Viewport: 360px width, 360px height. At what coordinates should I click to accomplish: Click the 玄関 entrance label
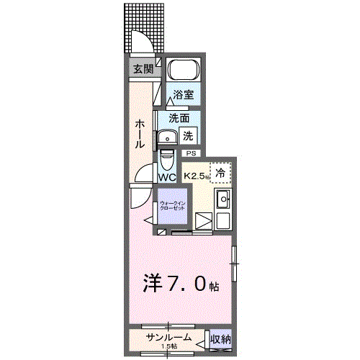[x=143, y=69]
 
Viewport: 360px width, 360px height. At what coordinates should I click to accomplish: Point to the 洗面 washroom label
[x=179, y=118]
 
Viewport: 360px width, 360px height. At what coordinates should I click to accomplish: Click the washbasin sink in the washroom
[x=171, y=137]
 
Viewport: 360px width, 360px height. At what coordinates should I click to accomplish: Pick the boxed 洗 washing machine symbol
[x=187, y=135]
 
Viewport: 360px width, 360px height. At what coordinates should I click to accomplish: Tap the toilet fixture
[x=166, y=158]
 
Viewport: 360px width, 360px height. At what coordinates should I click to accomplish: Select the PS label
[x=191, y=153]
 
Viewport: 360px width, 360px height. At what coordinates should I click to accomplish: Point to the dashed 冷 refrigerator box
[x=221, y=173]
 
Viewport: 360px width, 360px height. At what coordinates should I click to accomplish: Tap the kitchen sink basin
[x=223, y=199]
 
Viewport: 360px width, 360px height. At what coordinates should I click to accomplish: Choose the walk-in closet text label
[x=171, y=206]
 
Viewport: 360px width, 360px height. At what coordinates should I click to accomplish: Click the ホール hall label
[x=140, y=135]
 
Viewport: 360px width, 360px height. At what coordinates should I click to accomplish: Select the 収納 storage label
[x=220, y=339]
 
